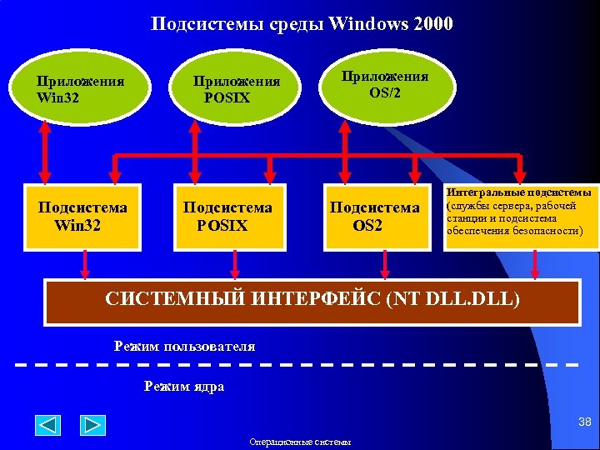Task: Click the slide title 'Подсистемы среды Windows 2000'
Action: (x=302, y=22)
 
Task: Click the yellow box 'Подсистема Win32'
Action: (x=82, y=216)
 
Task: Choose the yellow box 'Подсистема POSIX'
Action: (x=227, y=216)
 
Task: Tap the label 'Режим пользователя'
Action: (x=184, y=346)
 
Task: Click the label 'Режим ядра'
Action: (x=184, y=387)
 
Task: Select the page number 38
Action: (x=585, y=423)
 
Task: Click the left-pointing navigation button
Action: (x=48, y=425)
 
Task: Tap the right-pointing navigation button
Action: (x=92, y=425)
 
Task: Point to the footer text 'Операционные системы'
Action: (x=300, y=442)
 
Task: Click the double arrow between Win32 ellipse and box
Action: (x=45, y=154)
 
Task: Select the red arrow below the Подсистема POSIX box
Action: (x=235, y=265)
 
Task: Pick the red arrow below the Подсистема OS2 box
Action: (x=384, y=265)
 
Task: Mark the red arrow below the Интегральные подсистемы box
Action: (x=535, y=265)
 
